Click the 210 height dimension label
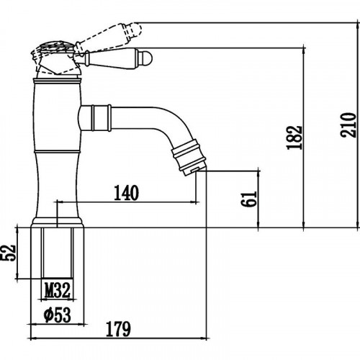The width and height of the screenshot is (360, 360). click(348, 125)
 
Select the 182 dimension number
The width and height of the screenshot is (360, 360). click(294, 138)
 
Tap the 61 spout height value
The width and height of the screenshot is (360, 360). click(249, 199)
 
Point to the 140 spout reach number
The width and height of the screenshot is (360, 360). click(126, 193)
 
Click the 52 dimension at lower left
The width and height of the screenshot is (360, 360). click(9, 253)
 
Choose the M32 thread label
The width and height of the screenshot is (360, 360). click(58, 290)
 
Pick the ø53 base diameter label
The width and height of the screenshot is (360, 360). click(58, 315)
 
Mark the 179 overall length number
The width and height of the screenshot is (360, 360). click(118, 329)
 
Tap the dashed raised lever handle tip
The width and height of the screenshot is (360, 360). click(136, 30)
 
